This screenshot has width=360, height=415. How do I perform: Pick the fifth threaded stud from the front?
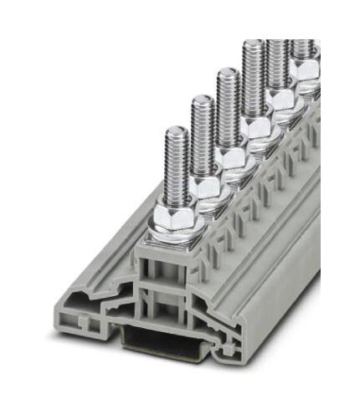coord(276,63)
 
